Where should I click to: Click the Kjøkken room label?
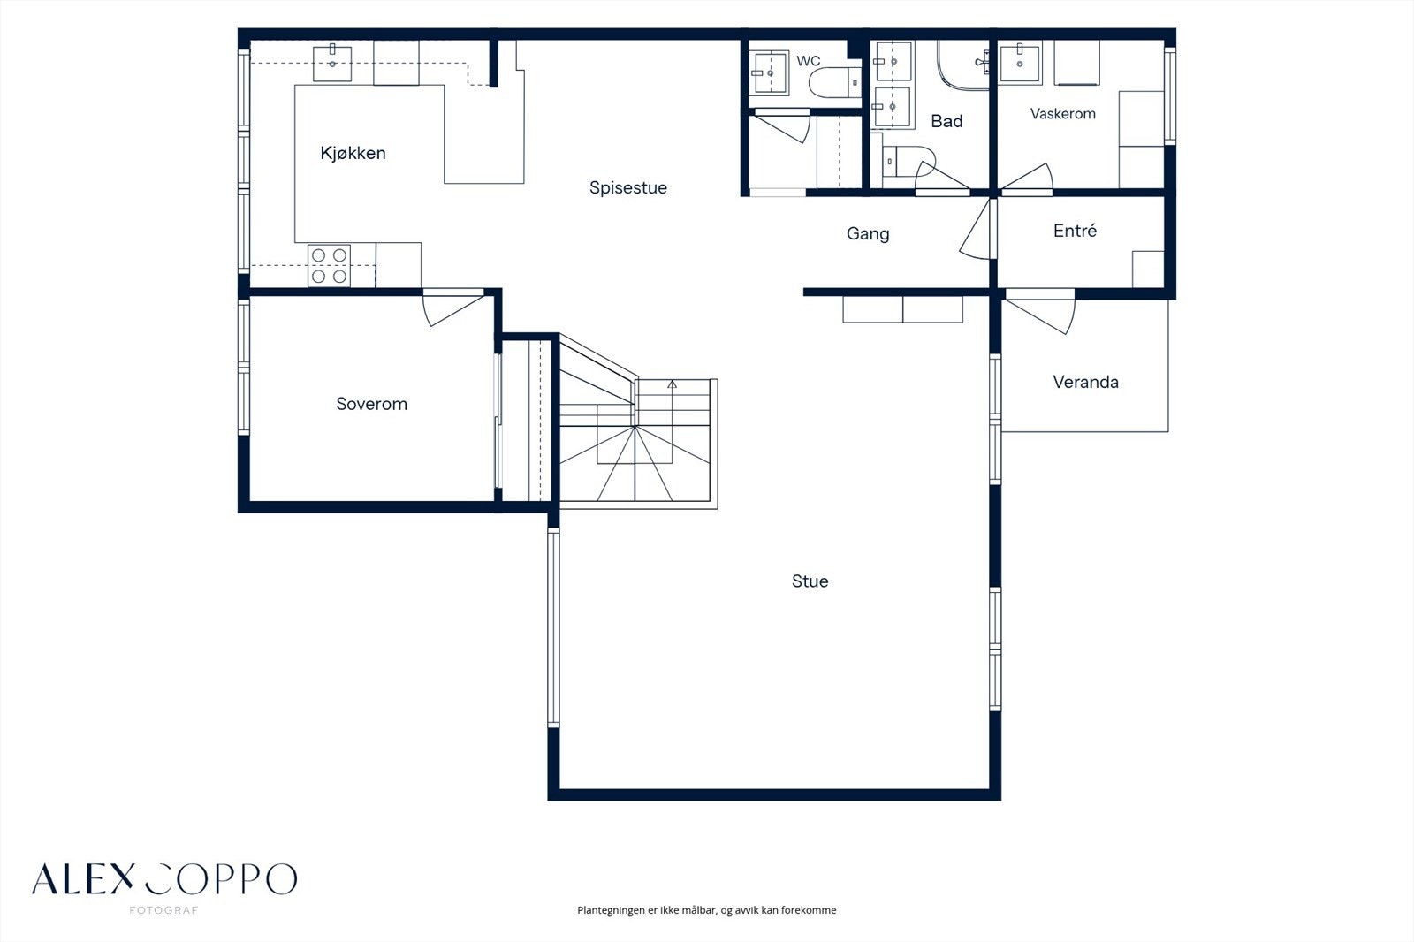(353, 154)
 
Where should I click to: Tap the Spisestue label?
(628, 188)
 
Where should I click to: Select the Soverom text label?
(372, 404)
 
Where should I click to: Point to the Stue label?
(810, 581)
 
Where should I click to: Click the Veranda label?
(1086, 382)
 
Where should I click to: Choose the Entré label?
(1075, 231)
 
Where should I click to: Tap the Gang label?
(868, 234)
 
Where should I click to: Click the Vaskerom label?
(1063, 114)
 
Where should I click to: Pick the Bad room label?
(946, 121)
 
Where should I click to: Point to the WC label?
(809, 61)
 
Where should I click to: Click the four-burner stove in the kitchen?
(329, 265)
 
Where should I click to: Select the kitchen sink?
(332, 63)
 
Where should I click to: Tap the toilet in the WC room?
(835, 82)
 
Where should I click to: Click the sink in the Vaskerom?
(1020, 63)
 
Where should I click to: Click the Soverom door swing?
(452, 308)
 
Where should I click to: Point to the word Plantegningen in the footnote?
(611, 910)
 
